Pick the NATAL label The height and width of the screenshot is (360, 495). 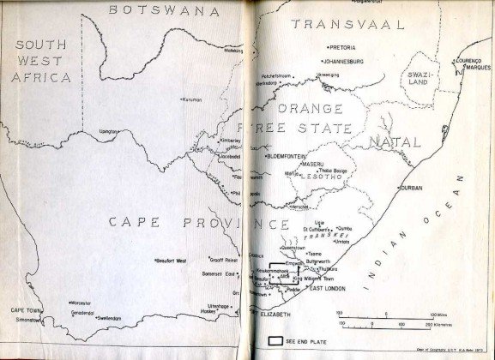point(389,140)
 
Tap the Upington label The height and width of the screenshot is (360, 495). point(109,131)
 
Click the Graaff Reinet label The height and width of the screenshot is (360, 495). point(224,259)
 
